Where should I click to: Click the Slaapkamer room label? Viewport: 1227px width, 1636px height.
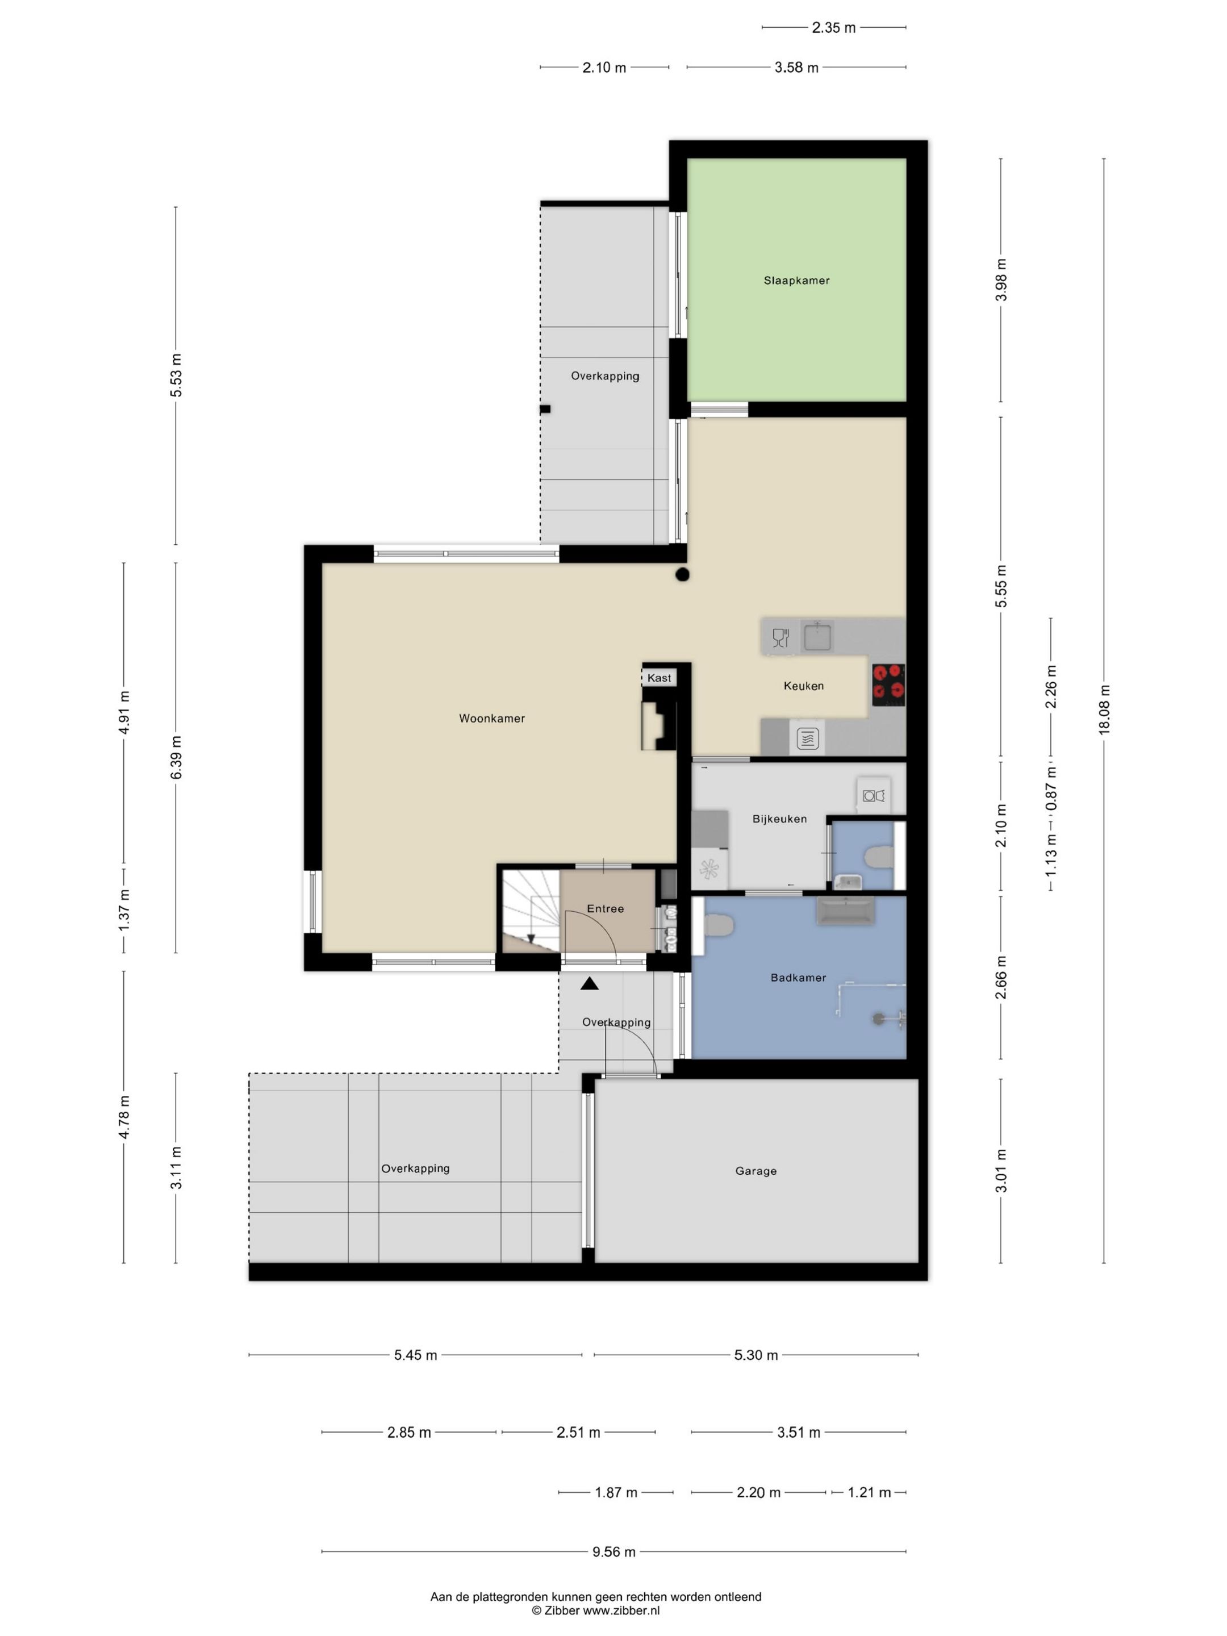pyautogui.click(x=796, y=280)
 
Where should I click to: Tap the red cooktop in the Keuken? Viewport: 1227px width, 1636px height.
pyautogui.click(x=887, y=684)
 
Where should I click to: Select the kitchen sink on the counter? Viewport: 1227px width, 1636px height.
pyautogui.click(x=817, y=636)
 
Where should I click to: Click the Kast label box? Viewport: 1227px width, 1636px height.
pyautogui.click(x=659, y=678)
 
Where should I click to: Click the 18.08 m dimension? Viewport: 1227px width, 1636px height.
pyautogui.click(x=1104, y=708)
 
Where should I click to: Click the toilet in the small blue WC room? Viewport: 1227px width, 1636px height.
pyautogui.click(x=878, y=857)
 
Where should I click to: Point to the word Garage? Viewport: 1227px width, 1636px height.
pyautogui.click(x=755, y=1171)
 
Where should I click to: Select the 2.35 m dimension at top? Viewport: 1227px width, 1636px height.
pyautogui.click(x=833, y=28)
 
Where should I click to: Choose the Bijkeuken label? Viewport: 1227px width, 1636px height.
pyautogui.click(x=779, y=819)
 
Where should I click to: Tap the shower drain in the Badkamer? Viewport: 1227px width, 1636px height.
pyautogui.click(x=878, y=1019)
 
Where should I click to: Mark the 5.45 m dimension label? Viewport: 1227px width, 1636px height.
pyautogui.click(x=415, y=1355)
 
